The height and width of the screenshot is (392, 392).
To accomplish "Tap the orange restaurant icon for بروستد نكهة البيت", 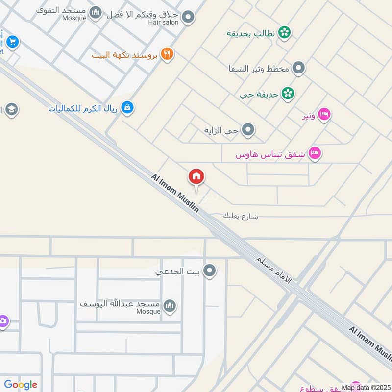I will click(168, 54).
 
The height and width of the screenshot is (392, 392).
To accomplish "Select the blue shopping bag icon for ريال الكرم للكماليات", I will click(127, 107).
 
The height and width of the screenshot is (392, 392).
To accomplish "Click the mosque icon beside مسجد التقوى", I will click(97, 12).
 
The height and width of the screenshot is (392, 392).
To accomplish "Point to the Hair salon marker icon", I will click(188, 18).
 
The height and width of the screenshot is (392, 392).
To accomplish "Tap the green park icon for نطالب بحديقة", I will click(284, 33).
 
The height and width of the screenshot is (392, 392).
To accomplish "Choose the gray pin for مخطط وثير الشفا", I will click(299, 68).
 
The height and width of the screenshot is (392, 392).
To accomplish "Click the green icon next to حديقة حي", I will click(288, 94).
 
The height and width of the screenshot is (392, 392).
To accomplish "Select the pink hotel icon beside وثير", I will click(324, 115).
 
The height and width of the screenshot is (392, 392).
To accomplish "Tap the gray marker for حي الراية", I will click(249, 130).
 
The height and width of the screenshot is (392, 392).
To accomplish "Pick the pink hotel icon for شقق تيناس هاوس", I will click(316, 153).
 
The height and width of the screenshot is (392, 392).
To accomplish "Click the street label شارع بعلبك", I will click(240, 216).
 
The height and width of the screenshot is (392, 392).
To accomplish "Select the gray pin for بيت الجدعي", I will click(210, 270).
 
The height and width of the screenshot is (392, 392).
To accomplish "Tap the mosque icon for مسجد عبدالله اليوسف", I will click(170, 306).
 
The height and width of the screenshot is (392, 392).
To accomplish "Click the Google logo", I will click(21, 385).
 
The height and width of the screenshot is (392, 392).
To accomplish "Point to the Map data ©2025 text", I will click(365, 387).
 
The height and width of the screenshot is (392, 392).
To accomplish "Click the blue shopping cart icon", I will click(13, 42).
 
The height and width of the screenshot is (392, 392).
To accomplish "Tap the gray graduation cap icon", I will click(11, 109).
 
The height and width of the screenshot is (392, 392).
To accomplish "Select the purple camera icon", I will click(3, 321).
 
